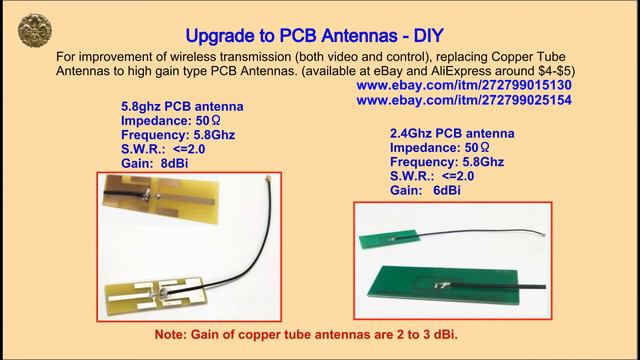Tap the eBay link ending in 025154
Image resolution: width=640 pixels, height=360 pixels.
(463, 101)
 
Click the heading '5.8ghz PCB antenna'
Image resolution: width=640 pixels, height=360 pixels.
(181, 107)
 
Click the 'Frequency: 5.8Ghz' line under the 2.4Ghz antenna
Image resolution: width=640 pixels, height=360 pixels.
(447, 160)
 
